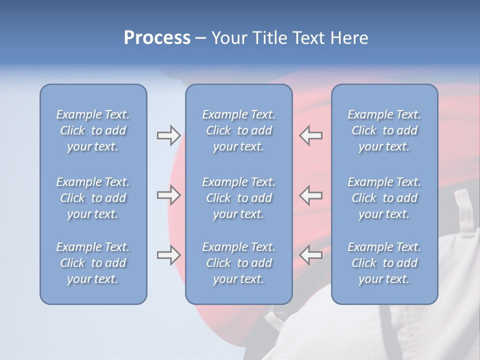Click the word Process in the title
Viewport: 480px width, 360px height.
157,38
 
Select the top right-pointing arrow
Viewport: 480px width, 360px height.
168,135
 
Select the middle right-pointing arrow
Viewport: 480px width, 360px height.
168,195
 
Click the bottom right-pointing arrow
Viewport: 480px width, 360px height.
168,255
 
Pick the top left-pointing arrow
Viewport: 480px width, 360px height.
310,135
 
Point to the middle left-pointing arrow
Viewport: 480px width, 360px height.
310,195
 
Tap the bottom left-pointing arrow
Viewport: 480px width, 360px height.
310,255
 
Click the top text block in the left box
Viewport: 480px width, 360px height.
93,130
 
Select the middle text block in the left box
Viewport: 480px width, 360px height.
93,198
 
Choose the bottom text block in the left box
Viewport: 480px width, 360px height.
93,263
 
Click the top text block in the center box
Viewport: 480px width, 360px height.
239,130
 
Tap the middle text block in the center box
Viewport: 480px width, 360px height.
239,198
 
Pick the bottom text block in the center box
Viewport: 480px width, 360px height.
239,263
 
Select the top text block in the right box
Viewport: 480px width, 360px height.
384,130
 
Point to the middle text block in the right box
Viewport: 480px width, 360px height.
384,198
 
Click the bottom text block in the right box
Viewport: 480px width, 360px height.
384,263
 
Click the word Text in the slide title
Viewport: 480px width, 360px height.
307,38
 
